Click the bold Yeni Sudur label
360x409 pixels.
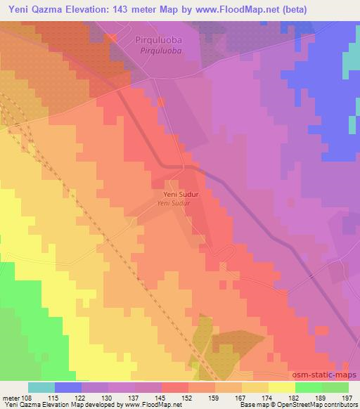point(175,194)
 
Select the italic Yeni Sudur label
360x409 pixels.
point(175,203)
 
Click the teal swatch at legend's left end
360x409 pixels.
point(41,387)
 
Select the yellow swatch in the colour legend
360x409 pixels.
point(281,387)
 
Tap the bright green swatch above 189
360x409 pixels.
point(308,387)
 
